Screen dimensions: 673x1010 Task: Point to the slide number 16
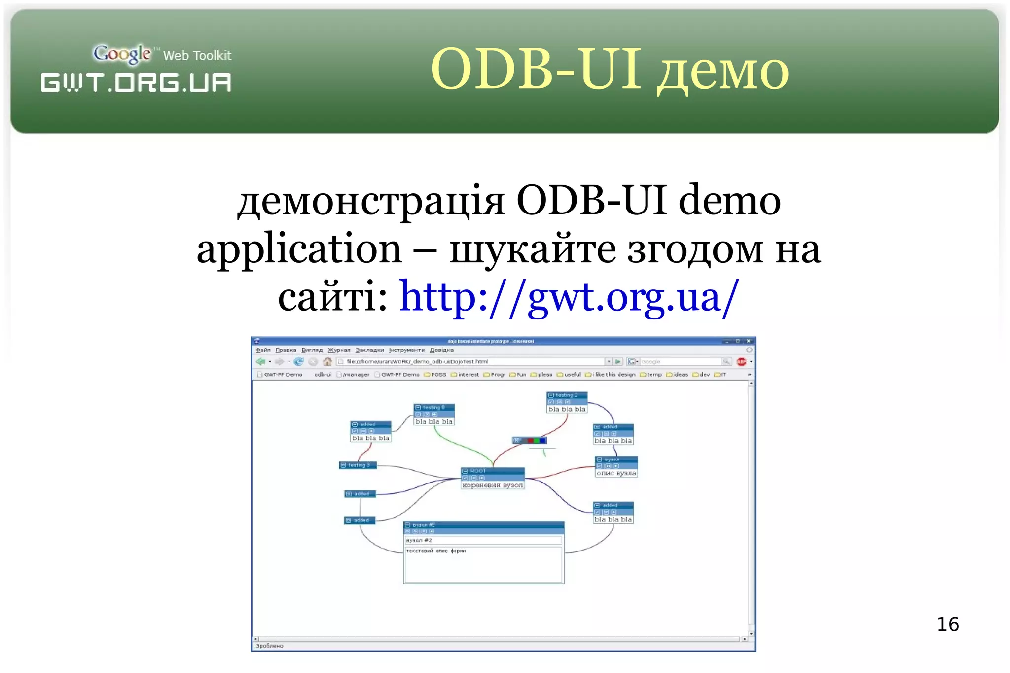coord(947,624)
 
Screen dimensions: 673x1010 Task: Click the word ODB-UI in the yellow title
coord(536,69)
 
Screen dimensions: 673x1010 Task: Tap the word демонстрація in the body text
coord(371,201)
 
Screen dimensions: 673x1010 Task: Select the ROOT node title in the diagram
coord(478,471)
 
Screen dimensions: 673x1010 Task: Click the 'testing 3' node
coord(359,465)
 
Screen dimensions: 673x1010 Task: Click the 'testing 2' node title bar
coord(567,395)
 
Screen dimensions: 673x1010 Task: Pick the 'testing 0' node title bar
coord(433,407)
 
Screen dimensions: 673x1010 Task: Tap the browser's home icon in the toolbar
coord(327,362)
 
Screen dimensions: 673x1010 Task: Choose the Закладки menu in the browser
coord(369,350)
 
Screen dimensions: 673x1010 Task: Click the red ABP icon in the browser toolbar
coord(741,362)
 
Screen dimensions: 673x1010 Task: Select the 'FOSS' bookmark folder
coord(435,375)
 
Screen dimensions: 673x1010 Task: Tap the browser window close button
coord(748,341)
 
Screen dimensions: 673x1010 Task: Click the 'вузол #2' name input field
coord(483,540)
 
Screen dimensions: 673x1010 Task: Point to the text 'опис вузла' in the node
coord(616,473)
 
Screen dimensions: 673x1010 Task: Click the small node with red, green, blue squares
coord(530,440)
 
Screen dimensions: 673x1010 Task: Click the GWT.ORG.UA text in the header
coord(136,82)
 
